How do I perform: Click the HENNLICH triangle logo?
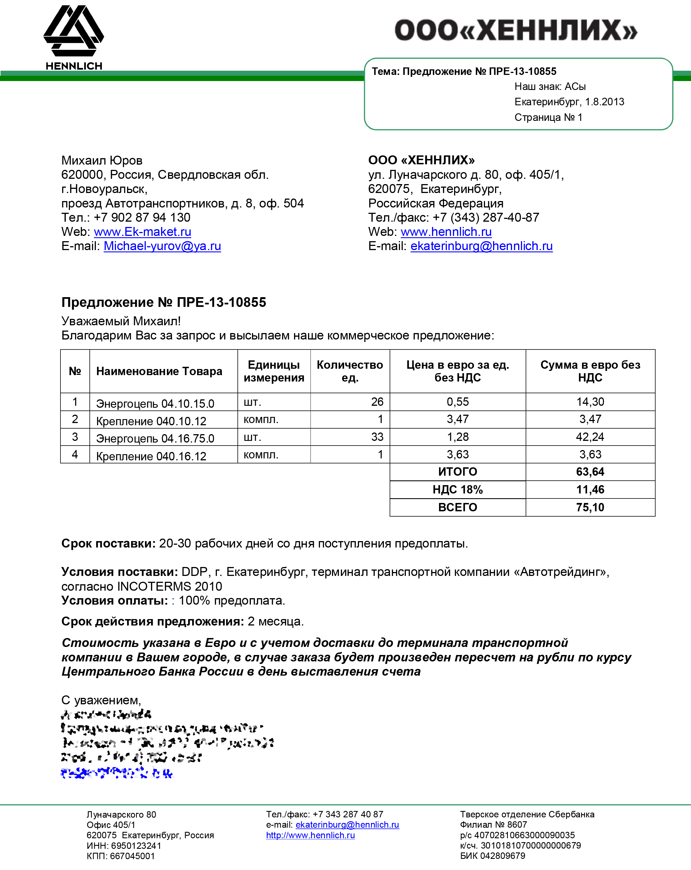[x=74, y=31]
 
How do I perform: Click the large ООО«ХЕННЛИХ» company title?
[x=515, y=31]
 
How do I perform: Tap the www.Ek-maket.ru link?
[x=142, y=232]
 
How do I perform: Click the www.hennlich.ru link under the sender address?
[x=446, y=232]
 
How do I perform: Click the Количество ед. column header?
[x=350, y=371]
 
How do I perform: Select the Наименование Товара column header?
[x=159, y=371]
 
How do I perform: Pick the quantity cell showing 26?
[x=377, y=402]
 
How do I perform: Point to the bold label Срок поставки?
[x=108, y=544]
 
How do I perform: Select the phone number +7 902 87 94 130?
[x=142, y=217]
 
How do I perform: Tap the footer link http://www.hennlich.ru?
[x=310, y=835]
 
